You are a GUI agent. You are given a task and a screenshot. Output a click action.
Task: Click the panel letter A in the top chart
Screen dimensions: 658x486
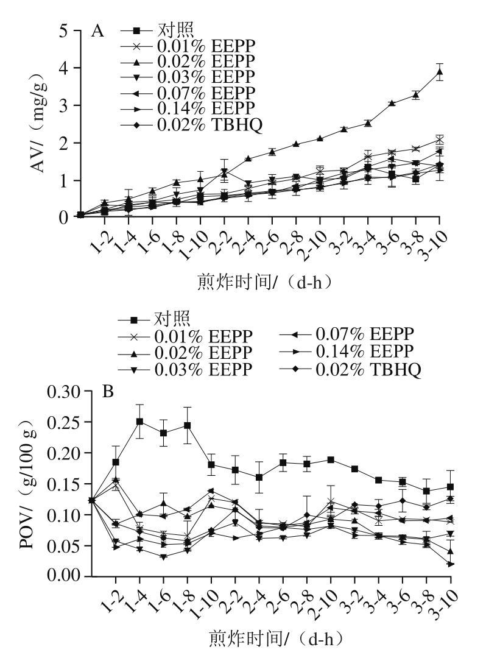pos(97,31)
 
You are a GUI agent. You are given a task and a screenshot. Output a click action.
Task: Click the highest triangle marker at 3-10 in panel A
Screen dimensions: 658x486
pos(440,72)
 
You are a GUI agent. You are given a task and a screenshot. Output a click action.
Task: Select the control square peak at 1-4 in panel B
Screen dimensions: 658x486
pos(139,421)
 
